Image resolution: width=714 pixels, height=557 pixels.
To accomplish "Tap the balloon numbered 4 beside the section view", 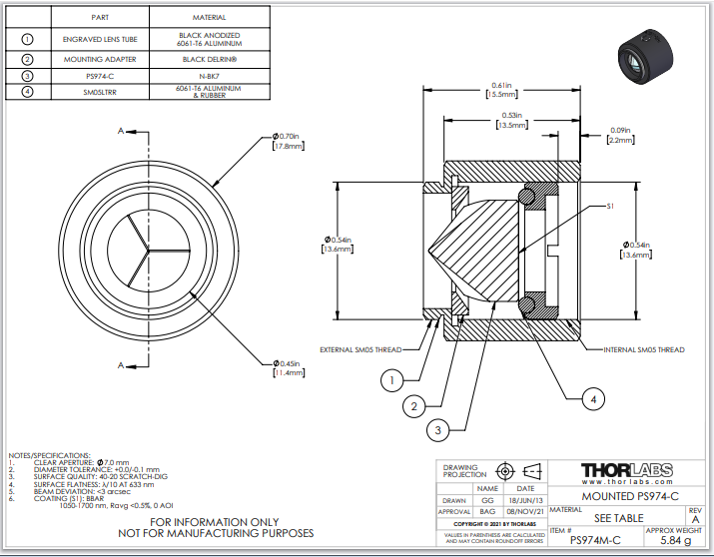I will [593, 398].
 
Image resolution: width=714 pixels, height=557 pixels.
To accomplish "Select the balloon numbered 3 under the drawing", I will [437, 430].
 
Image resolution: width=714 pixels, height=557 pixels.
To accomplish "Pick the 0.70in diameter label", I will [288, 141].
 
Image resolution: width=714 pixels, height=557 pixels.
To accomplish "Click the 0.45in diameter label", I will [288, 366].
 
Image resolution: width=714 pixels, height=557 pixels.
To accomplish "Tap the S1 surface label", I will [610, 208].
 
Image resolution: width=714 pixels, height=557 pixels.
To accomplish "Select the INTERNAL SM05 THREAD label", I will [645, 349].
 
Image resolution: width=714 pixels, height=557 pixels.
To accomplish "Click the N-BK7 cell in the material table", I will [209, 76].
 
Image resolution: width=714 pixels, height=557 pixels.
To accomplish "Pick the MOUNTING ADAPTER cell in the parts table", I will [99, 58].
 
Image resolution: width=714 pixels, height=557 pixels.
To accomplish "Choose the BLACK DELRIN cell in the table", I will [209, 58].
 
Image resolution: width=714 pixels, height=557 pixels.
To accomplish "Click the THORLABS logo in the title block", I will [626, 470].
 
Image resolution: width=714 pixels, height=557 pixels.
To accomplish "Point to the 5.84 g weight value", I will [676, 540].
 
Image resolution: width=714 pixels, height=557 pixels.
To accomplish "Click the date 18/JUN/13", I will [525, 500].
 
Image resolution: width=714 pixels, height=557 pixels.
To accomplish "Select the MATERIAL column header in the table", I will [209, 17].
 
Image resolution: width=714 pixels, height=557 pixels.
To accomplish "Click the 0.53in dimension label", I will [512, 121].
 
